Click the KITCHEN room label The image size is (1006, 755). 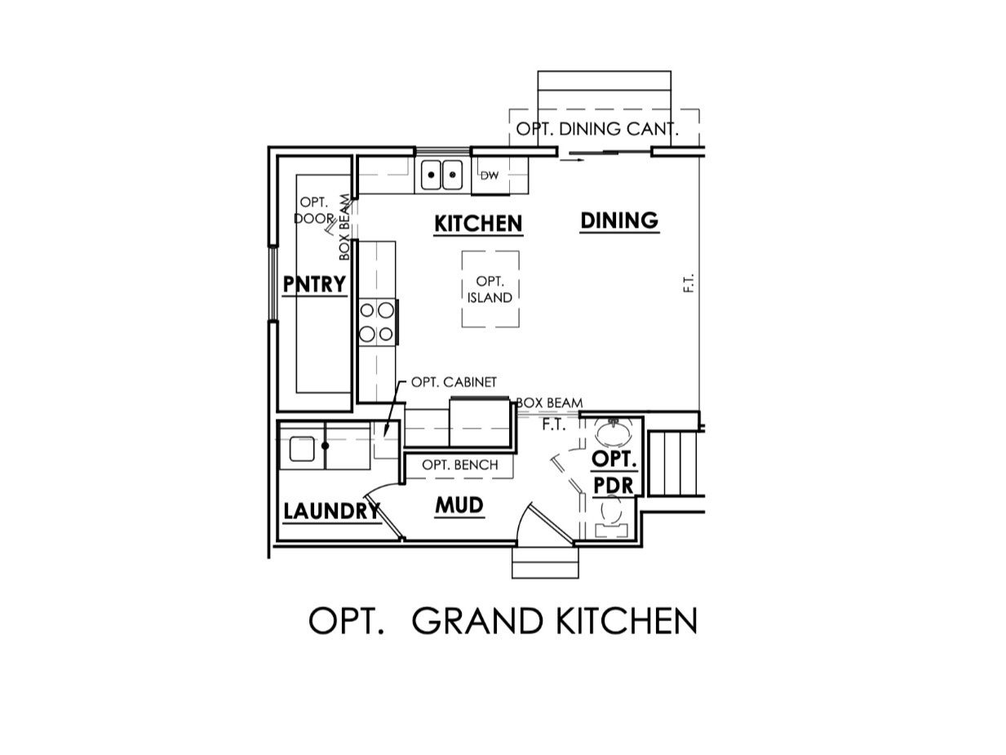[478, 224]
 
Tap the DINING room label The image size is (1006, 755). [619, 220]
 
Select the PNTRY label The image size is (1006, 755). [314, 284]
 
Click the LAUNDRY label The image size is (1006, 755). [331, 512]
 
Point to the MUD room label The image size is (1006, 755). [459, 506]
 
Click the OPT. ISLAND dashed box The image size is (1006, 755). [490, 290]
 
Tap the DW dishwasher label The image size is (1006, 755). [489, 175]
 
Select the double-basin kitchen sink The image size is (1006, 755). [441, 175]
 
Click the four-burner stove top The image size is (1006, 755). [377, 322]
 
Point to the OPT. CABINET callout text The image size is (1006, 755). [454, 382]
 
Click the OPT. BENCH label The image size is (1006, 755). [460, 465]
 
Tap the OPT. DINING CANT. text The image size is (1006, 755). [597, 129]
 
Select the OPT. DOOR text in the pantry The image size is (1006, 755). [313, 211]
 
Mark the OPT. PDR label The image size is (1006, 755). [614, 472]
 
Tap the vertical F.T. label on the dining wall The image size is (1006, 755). [689, 283]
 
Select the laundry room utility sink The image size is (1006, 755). [301, 449]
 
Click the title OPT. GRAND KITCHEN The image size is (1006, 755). [503, 622]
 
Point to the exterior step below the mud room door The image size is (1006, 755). [545, 563]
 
